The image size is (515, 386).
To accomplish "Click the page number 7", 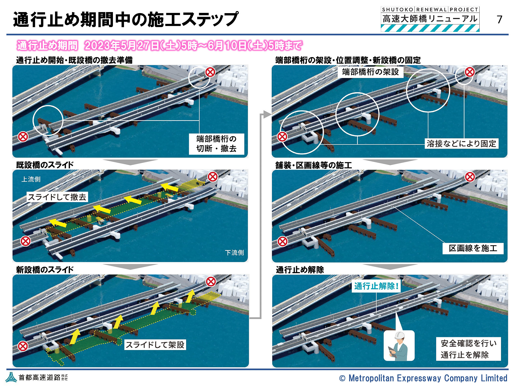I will pos(499,19).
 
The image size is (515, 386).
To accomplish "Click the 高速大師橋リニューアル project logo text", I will pos(430,19).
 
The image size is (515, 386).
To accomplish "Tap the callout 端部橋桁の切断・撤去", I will pos(216,144).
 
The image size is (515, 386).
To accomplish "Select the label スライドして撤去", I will pos(57,197).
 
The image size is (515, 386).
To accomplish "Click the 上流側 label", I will pos(31,179).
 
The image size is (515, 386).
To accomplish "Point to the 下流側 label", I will pos(234,253).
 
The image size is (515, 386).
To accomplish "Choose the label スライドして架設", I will pos(155,345).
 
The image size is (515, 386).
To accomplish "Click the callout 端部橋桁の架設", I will pos(370,72).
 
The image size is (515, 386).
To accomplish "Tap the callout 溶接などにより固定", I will pos(461,144).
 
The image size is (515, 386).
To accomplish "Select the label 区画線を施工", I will pos(473,248).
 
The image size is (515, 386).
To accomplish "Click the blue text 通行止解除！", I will pos(376,286).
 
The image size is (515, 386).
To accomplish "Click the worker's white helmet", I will pos(399,336).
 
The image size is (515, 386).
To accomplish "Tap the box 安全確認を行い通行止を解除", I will pos(468,349).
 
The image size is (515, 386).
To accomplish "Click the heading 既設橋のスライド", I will pos(45,165).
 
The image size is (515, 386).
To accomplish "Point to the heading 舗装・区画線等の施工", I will pos(314,165).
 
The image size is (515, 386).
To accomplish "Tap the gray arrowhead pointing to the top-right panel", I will pos(267,114).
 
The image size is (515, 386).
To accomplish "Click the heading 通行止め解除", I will pos(300,270).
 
